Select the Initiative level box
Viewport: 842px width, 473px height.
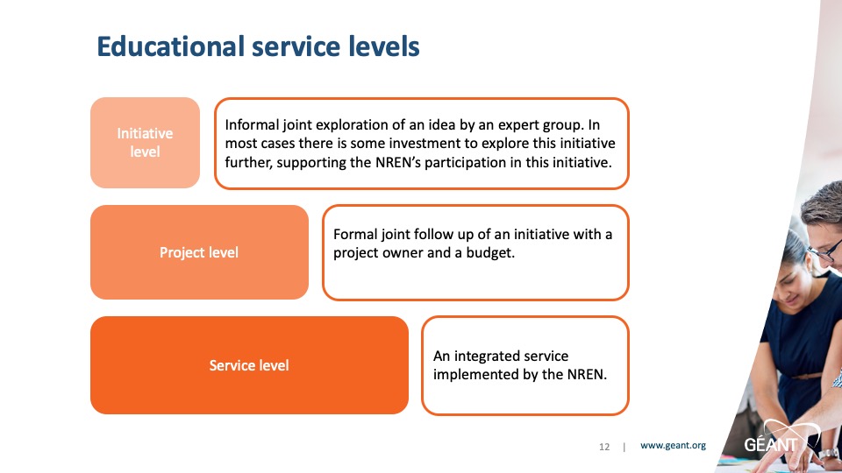tap(145, 143)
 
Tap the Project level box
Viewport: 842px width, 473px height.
tap(199, 252)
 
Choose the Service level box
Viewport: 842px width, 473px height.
tap(249, 365)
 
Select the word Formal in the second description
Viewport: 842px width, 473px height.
tap(355, 235)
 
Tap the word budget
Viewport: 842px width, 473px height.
tap(490, 253)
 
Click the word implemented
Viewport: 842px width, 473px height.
tap(475, 374)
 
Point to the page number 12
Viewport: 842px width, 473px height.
tap(604, 447)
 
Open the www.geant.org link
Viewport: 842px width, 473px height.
tap(673, 446)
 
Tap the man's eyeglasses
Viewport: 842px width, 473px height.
tap(826, 252)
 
